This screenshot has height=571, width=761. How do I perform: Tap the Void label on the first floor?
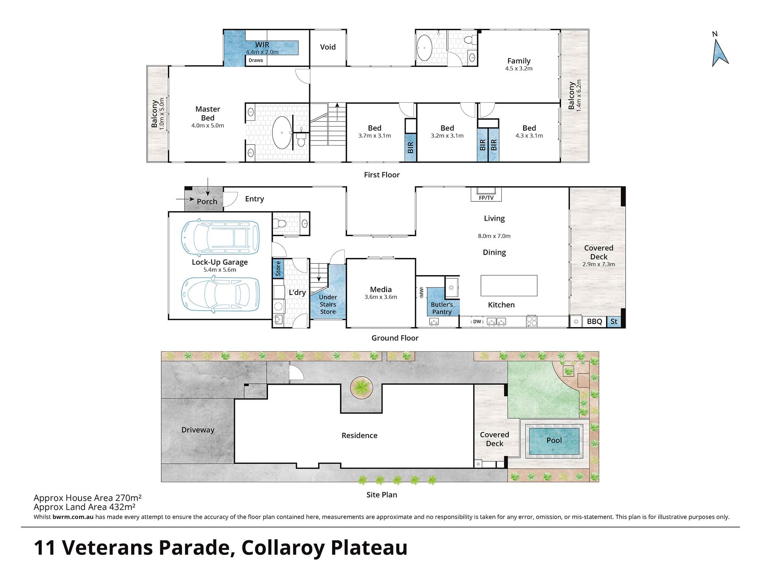(328, 47)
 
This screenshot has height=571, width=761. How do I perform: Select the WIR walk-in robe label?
(262, 45)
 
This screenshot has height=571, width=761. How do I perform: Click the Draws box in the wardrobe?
(256, 60)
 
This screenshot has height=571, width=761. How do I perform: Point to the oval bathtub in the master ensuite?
(282, 132)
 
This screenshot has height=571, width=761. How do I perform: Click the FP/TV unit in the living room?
(486, 194)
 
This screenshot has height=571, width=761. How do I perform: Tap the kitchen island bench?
(509, 285)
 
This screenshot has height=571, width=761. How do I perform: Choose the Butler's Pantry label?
(442, 308)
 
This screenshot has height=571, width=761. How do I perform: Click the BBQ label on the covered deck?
(594, 321)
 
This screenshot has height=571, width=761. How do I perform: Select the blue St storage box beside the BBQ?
(614, 321)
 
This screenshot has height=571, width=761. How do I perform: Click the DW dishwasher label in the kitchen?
(477, 322)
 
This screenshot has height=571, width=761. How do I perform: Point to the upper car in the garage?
(220, 238)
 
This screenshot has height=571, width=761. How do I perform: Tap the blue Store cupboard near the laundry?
(278, 268)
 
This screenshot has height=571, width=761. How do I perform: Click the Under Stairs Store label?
(328, 304)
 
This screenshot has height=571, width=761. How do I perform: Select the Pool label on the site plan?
(554, 440)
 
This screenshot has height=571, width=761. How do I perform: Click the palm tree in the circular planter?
(361, 388)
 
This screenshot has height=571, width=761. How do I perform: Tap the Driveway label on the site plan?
(198, 430)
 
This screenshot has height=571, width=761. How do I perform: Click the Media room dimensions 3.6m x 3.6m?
(380, 297)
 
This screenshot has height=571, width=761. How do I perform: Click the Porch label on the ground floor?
(207, 201)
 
